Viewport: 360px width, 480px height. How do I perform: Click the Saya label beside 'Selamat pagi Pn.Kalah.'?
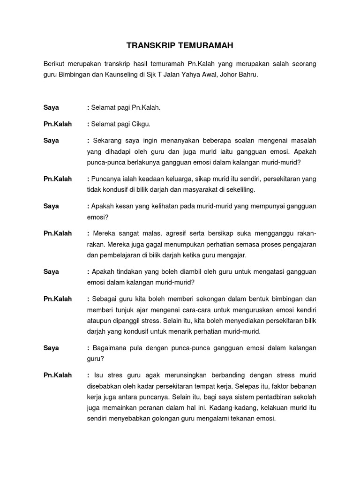point(51,107)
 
